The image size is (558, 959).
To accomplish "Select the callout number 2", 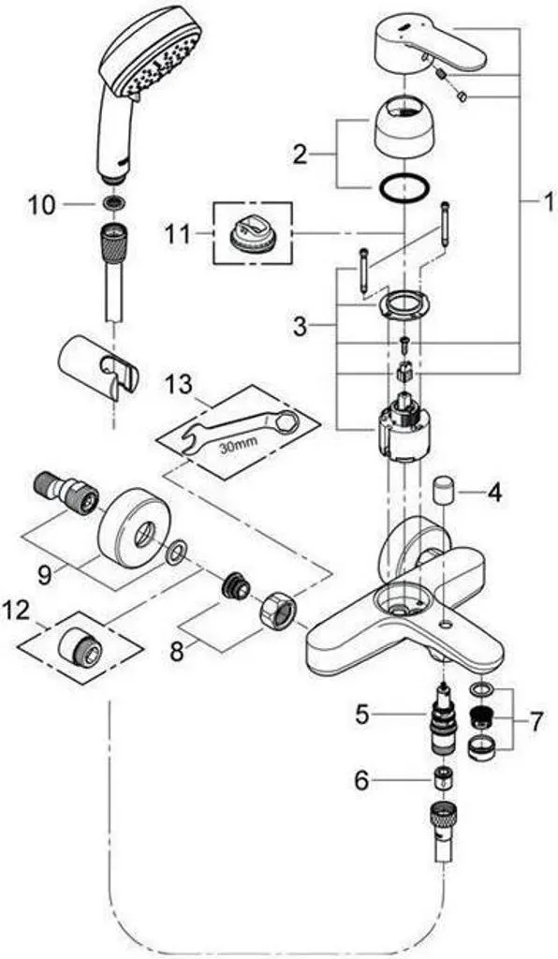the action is point(299,155).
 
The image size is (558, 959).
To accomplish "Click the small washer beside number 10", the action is point(111,204).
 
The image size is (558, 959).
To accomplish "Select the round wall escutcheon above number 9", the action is point(129,522).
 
